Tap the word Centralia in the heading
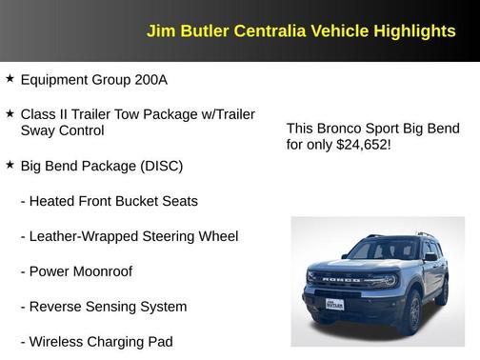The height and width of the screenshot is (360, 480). tap(271, 31)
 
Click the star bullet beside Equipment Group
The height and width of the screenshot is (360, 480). tap(10, 78)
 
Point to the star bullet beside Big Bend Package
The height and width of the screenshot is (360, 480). tap(10, 165)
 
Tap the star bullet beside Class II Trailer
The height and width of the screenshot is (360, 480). tap(10, 113)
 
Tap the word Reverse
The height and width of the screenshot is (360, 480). tap(56, 306)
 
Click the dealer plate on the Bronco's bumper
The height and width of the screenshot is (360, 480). tap(334, 303)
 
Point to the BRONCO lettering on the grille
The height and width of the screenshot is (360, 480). tap(340, 280)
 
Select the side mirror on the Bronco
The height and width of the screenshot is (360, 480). tap(430, 257)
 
